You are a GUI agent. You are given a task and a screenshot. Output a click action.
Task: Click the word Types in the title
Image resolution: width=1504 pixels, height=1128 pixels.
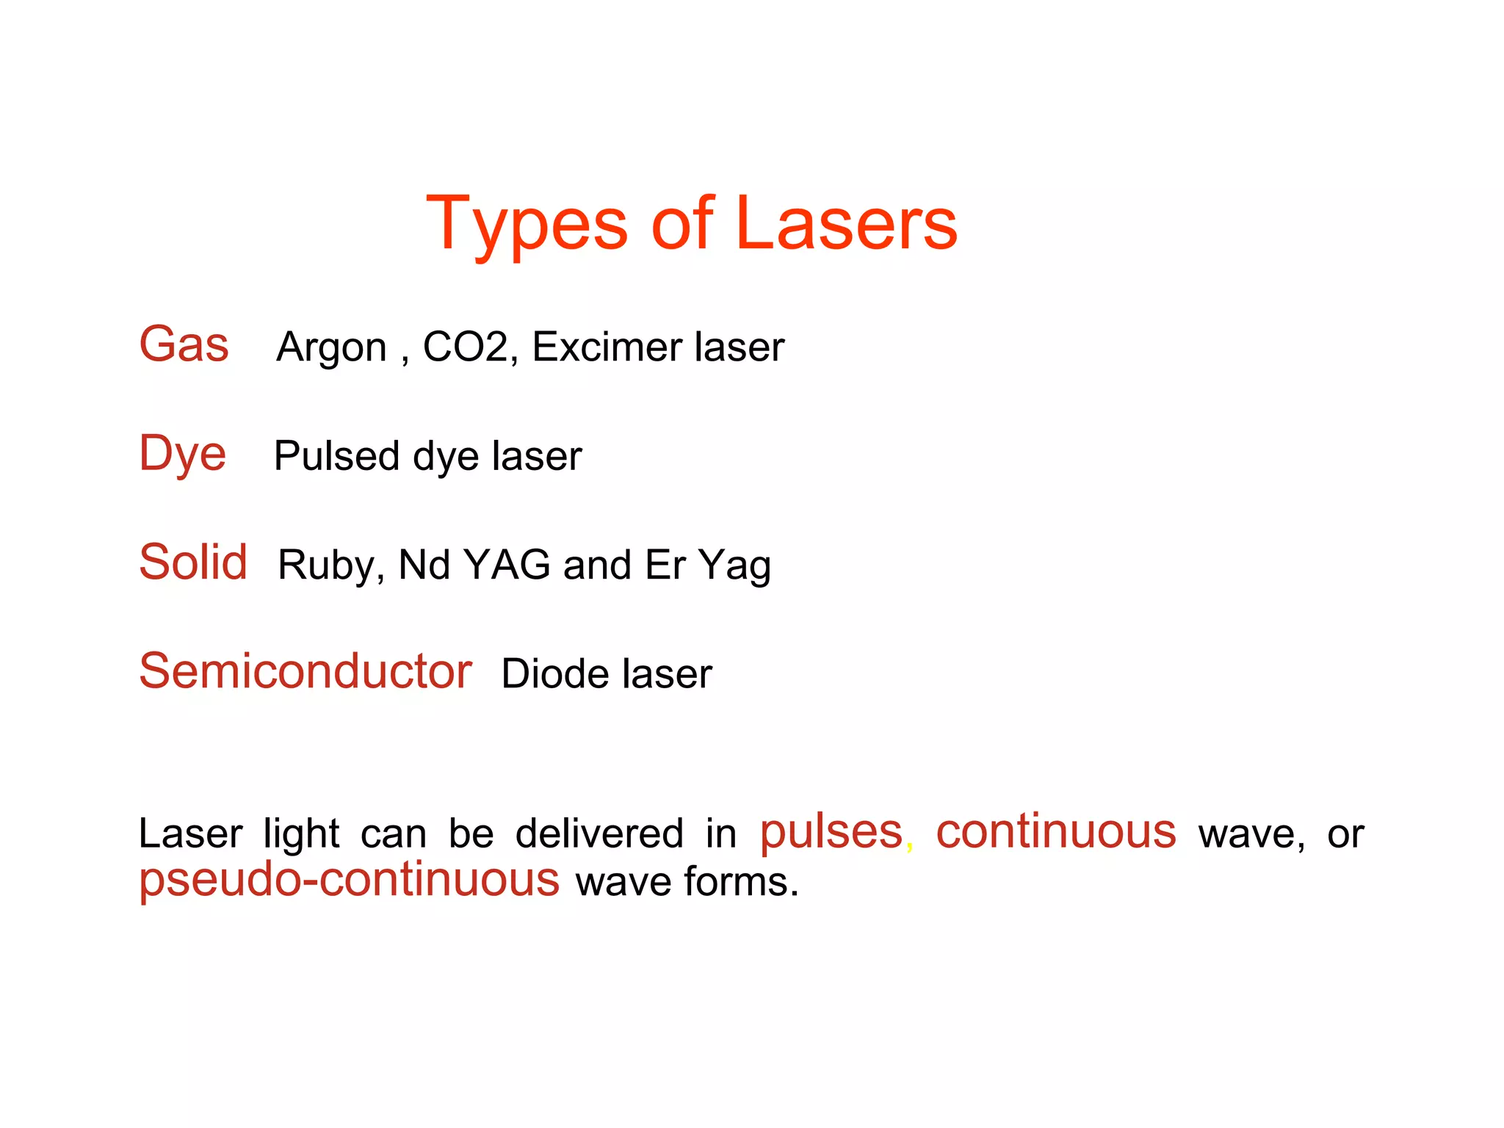[x=527, y=224]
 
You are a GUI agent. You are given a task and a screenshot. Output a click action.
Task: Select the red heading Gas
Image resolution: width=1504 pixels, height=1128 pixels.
[x=184, y=344]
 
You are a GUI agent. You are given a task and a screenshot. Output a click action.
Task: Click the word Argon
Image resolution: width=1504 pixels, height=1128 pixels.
[x=331, y=347]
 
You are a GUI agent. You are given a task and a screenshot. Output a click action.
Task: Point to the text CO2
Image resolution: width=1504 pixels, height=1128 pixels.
[x=466, y=347]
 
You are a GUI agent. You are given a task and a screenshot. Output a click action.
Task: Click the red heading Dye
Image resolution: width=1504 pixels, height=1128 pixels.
[x=182, y=454]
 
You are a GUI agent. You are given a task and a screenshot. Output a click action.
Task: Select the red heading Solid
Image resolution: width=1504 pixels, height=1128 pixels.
[x=192, y=563]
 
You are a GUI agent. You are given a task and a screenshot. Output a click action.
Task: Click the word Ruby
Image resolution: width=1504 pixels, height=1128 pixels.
[x=326, y=565]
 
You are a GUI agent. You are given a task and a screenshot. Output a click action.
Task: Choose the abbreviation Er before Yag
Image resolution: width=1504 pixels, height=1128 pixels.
[x=665, y=565]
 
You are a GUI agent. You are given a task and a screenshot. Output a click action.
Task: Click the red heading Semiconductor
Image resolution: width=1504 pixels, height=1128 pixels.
[x=305, y=671]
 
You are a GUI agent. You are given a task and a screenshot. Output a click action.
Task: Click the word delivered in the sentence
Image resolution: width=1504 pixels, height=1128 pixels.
[x=599, y=834]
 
